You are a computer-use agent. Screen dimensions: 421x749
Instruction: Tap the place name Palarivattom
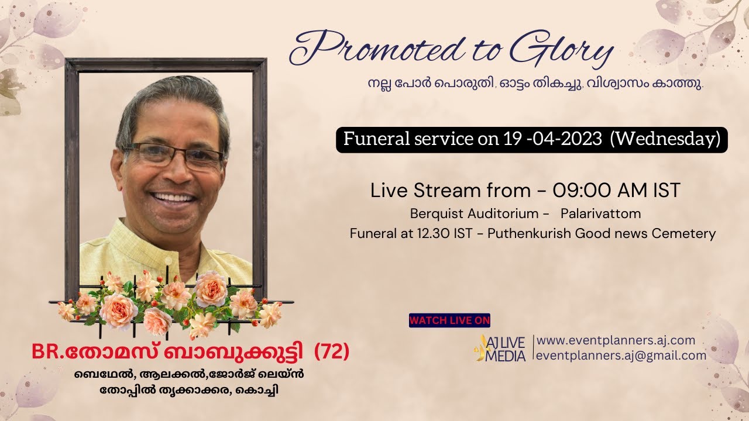point(600,213)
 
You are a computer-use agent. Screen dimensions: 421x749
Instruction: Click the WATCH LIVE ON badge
point(449,320)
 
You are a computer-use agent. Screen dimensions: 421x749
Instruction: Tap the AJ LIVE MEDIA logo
point(501,348)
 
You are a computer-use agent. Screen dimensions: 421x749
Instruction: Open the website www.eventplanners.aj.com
point(616,340)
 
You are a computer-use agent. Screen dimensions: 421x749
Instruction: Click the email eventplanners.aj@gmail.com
point(621,356)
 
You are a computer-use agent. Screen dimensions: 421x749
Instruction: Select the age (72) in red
point(332,352)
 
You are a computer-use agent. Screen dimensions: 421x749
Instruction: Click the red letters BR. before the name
point(49,353)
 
